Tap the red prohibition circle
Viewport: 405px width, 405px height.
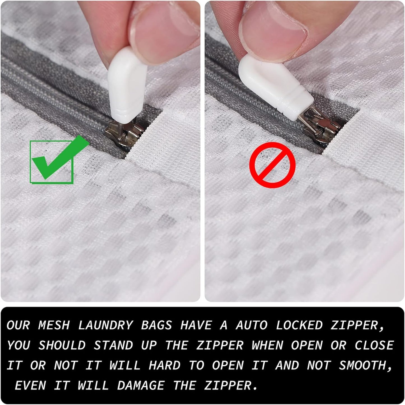pos(272,165)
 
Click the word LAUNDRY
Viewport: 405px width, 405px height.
pos(105,325)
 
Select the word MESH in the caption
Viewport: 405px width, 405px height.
pos(54,325)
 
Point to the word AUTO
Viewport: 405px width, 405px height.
pos(251,325)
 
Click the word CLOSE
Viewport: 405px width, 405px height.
pos(374,345)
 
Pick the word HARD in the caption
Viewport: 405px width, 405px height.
pos(165,366)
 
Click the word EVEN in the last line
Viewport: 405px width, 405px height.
pos(30,386)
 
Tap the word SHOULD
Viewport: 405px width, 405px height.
pos(62,345)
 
